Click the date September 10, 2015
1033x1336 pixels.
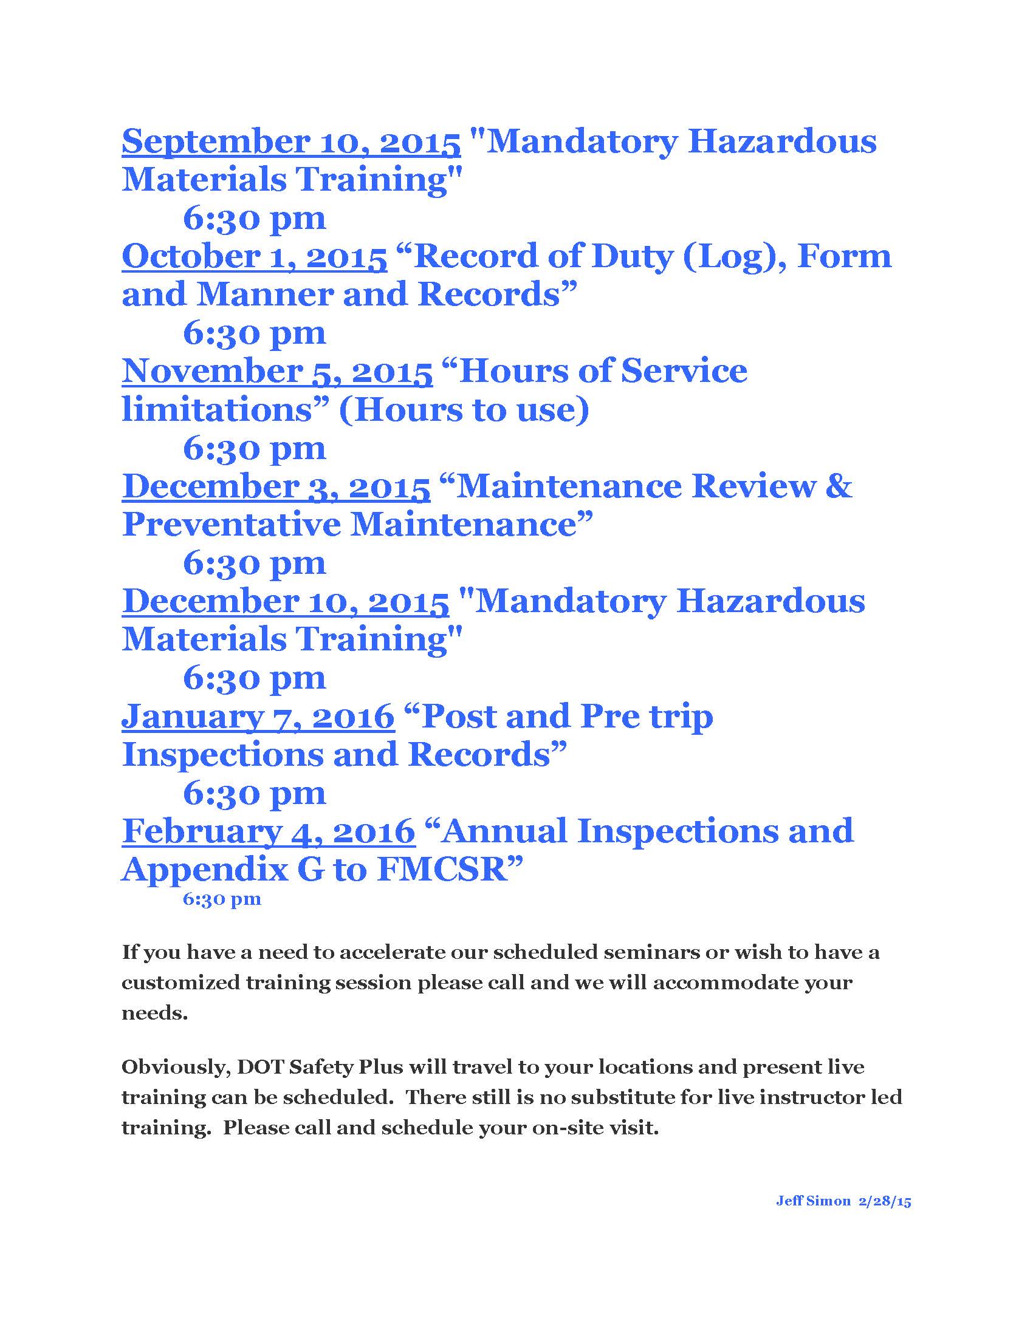click(290, 142)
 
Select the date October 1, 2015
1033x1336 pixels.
click(254, 257)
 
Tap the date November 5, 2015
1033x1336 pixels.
click(277, 372)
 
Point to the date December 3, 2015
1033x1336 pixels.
click(276, 487)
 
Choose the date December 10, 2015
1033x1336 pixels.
click(285, 602)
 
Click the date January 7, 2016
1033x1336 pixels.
click(258, 717)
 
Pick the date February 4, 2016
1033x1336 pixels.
click(269, 832)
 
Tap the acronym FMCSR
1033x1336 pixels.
click(442, 870)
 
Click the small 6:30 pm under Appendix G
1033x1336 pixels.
click(222, 899)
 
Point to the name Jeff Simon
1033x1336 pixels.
click(813, 1201)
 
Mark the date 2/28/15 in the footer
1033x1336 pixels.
click(885, 1201)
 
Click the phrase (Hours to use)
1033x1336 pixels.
click(464, 410)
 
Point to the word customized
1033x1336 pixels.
click(179, 983)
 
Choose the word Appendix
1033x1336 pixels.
click(204, 870)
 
